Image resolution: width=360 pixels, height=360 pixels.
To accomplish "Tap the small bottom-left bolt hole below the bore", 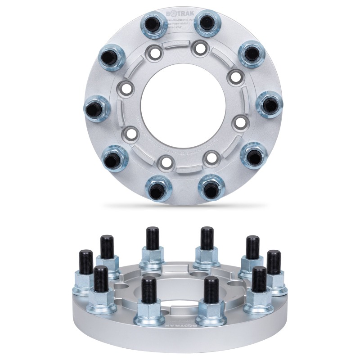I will coord(166,162).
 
